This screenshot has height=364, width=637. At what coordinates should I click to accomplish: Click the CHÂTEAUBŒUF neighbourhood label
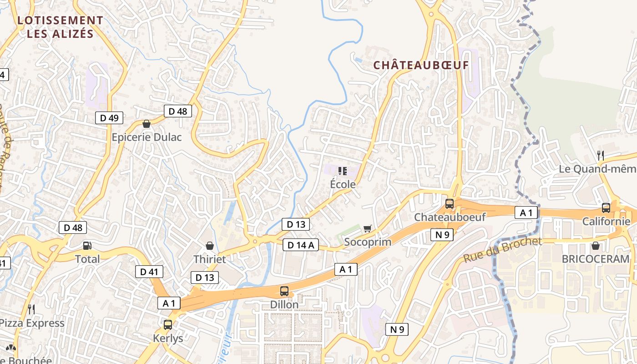point(421,65)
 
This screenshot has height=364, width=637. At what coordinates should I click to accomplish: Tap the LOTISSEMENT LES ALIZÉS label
point(60,27)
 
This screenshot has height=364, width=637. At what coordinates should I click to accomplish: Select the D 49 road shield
point(109,118)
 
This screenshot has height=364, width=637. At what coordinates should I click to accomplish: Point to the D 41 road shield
point(149,272)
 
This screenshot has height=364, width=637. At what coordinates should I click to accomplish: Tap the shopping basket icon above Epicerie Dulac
point(147,124)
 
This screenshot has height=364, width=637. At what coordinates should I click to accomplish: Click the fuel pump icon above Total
point(87,246)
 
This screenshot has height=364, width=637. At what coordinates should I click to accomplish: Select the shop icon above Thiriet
point(210,246)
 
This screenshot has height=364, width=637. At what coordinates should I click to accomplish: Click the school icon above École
point(343,171)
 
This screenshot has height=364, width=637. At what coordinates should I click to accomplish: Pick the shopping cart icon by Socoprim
point(367,228)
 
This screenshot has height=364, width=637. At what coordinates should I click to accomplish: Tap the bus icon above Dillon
point(284,291)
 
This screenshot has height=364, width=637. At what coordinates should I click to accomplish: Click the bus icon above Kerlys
point(168,325)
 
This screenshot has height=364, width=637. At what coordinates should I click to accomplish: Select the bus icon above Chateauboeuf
point(450,203)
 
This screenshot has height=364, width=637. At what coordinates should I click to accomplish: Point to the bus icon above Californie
point(606,208)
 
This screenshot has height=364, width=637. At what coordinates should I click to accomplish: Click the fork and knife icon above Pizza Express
point(31,309)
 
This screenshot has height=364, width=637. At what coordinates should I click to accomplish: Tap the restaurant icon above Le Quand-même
point(601,156)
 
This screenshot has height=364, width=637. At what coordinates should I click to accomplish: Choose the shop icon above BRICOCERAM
point(595,246)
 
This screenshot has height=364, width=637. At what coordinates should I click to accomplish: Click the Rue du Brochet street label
point(503,250)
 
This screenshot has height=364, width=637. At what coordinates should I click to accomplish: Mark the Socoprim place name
point(368,242)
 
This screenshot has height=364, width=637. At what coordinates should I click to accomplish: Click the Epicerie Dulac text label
point(147,137)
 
